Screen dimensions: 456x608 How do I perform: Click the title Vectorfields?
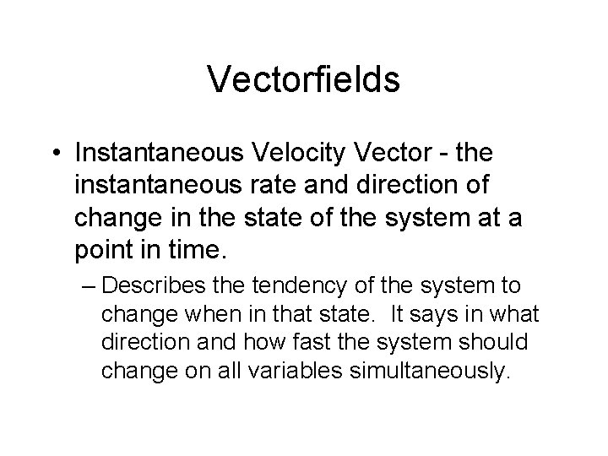point(304,79)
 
